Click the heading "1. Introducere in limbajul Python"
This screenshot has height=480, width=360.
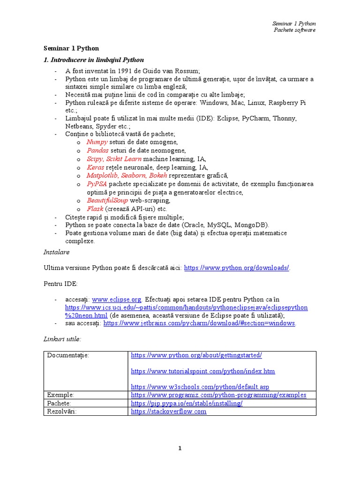(x=93, y=60)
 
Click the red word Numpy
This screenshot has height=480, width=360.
(x=97, y=142)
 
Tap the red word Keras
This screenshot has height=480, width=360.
(x=96, y=167)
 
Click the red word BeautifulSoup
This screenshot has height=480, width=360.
(x=107, y=201)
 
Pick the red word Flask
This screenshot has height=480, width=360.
(x=95, y=209)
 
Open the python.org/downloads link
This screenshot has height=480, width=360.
(x=236, y=268)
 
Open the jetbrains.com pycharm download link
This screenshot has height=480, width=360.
(x=199, y=323)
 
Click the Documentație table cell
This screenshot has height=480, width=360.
(x=68, y=355)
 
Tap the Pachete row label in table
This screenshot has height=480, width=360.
(x=59, y=403)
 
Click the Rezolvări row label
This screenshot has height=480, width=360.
(x=61, y=412)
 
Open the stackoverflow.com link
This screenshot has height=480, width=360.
(x=169, y=412)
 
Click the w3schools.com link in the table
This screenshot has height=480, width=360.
(x=200, y=387)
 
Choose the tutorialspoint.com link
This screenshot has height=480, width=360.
(x=203, y=371)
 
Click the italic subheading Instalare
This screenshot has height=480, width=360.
(x=56, y=252)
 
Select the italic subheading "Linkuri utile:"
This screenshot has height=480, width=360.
(x=62, y=338)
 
